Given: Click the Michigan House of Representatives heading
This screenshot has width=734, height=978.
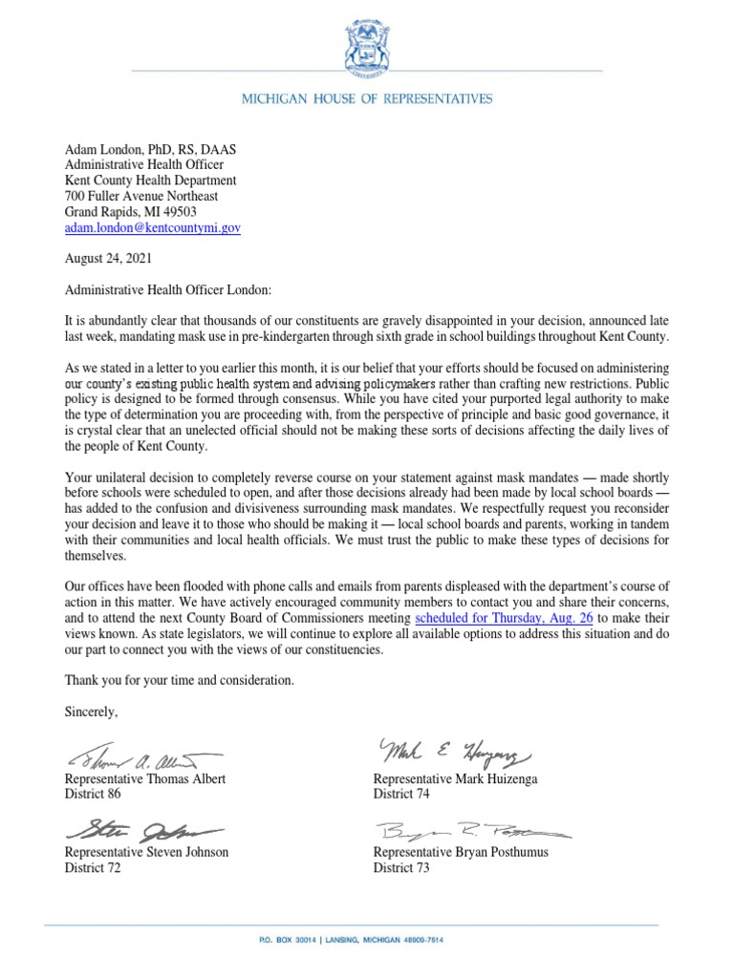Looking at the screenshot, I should coord(367,98).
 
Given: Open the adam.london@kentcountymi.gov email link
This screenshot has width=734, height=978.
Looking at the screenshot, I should coord(152,228).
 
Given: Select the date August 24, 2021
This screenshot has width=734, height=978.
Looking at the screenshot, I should coord(107,258).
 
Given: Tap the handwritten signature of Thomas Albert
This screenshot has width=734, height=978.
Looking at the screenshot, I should coord(143,759).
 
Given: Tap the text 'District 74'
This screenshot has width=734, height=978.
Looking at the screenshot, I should coord(402,794).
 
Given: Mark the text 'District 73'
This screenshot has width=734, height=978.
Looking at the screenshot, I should coord(402,867).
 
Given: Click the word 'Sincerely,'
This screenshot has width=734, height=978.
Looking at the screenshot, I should coord(91,711).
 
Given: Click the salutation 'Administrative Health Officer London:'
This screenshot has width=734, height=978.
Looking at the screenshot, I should coord(169,288).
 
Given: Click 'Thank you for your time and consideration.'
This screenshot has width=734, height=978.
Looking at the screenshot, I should coord(180,680).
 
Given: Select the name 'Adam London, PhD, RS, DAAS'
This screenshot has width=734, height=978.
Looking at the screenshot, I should coord(150,148).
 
